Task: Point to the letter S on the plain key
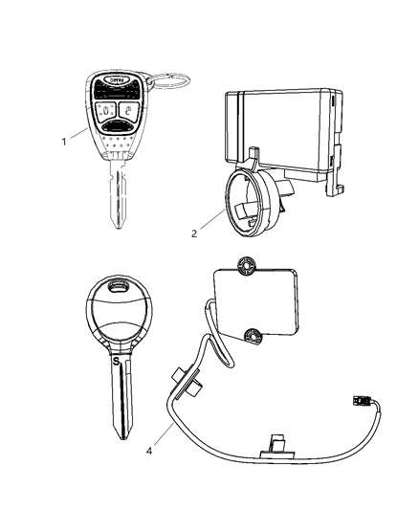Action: pyautogui.click(x=115, y=362)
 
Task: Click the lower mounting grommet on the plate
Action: pyautogui.click(x=254, y=335)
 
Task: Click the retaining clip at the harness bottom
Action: pyautogui.click(x=276, y=442)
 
